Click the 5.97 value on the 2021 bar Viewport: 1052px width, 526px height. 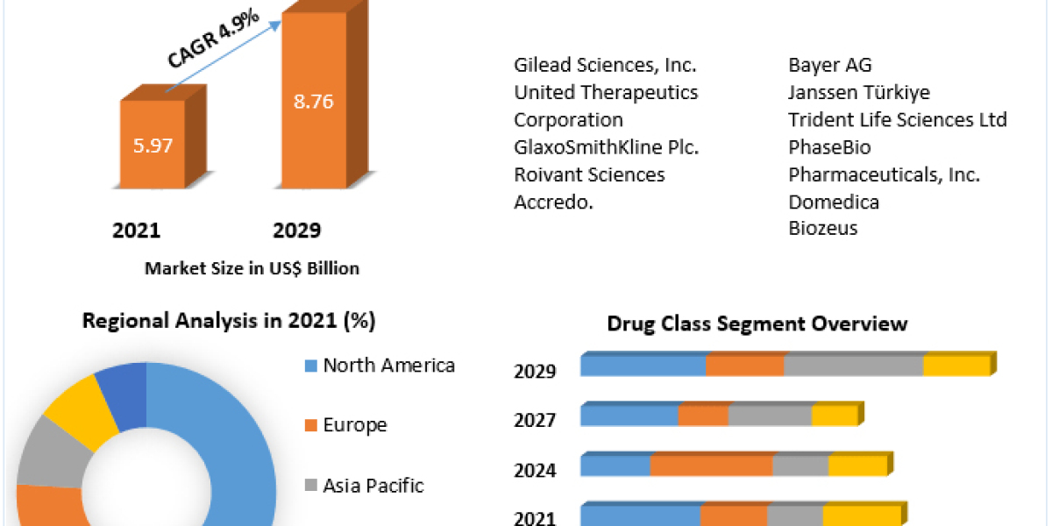pyautogui.click(x=153, y=146)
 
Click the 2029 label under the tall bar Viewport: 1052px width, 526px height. pyautogui.click(x=297, y=231)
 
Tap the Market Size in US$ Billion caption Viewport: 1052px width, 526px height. pyautogui.click(x=252, y=268)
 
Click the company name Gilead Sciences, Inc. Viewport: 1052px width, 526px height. pyautogui.click(x=605, y=65)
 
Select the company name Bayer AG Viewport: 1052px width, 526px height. pyautogui.click(x=829, y=65)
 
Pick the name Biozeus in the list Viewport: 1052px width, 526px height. pyautogui.click(x=822, y=228)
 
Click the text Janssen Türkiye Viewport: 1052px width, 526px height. pyautogui.click(x=858, y=92)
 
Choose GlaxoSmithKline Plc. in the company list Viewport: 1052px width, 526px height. pyautogui.click(x=606, y=146)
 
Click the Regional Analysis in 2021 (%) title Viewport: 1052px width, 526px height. pyautogui.click(x=229, y=321)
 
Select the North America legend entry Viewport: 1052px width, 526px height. pyautogui.click(x=388, y=365)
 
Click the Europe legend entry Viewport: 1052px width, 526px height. pyautogui.click(x=354, y=425)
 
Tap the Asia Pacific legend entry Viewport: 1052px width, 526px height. pyautogui.click(x=373, y=485)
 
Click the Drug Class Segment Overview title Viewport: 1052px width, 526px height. pyautogui.click(x=757, y=323)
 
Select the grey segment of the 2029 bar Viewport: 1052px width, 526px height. pyautogui.click(x=853, y=366)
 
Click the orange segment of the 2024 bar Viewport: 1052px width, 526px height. pyautogui.click(x=711, y=466)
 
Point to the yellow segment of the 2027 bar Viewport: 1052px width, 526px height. pyautogui.click(x=834, y=416)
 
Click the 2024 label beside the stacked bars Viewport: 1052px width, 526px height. pyautogui.click(x=535, y=471)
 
